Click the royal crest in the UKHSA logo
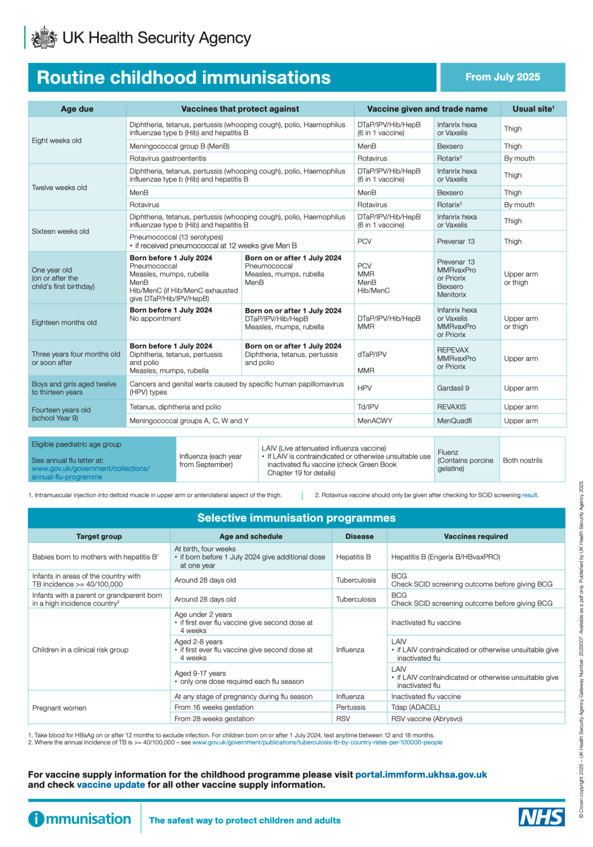(44, 37)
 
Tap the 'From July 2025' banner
(503, 77)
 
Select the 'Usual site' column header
(533, 109)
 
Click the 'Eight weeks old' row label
(57, 141)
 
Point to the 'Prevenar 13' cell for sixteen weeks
(456, 242)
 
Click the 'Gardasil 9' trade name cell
(453, 388)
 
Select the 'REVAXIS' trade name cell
(451, 407)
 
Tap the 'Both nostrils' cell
(522, 460)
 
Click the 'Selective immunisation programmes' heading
(296, 518)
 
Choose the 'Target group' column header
(99, 536)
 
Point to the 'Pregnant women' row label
(60, 708)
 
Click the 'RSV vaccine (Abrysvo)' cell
(427, 719)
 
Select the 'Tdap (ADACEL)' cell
(416, 707)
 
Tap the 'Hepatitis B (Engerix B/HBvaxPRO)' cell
(445, 557)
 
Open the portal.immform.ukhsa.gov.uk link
(421, 775)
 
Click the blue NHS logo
(541, 817)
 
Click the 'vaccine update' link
(111, 785)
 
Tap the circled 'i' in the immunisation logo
(36, 819)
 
